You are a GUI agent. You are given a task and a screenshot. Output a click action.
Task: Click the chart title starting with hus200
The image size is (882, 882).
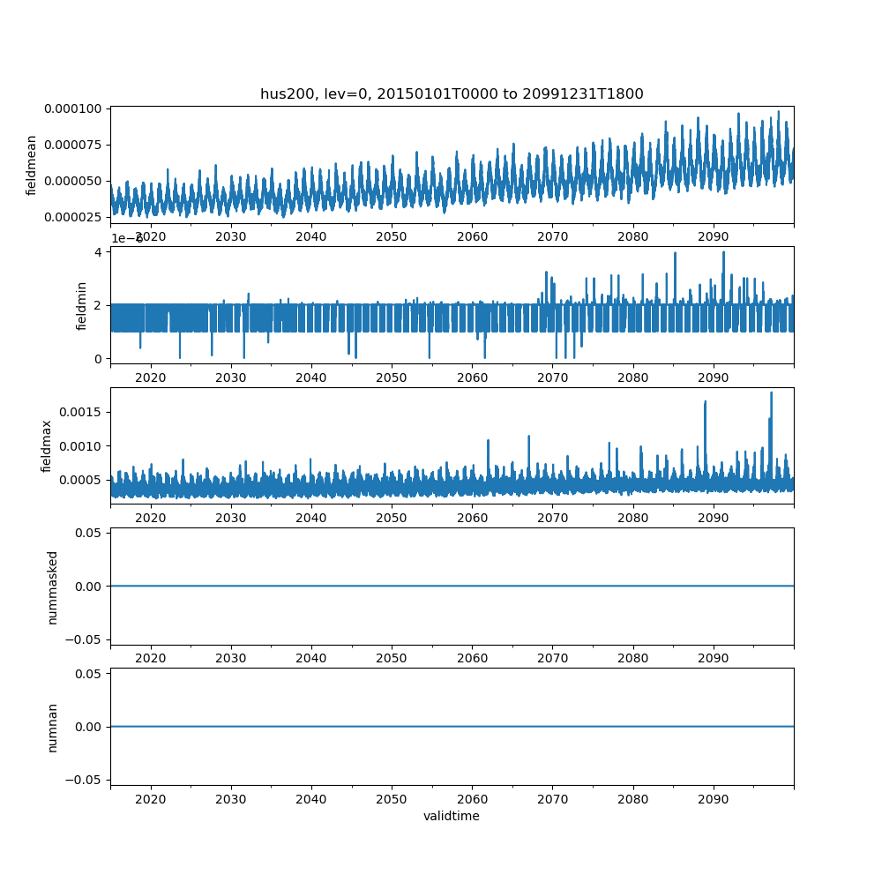click(x=451, y=93)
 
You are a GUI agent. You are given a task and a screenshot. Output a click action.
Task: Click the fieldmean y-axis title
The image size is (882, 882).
click(x=32, y=165)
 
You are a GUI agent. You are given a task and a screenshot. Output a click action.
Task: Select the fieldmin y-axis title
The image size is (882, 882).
click(x=82, y=305)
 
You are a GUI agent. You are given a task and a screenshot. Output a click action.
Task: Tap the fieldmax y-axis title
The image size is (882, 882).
click(x=47, y=445)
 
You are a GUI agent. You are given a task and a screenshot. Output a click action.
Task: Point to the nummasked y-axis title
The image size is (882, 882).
click(x=53, y=587)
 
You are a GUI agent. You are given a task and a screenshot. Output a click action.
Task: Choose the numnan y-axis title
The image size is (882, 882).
click(x=53, y=727)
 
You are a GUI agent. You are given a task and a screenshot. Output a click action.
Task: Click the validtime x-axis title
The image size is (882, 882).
click(x=451, y=817)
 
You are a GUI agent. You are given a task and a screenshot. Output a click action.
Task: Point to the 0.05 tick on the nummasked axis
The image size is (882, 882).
click(x=90, y=533)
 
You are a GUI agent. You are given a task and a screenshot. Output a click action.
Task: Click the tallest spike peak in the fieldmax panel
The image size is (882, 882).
click(x=771, y=392)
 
